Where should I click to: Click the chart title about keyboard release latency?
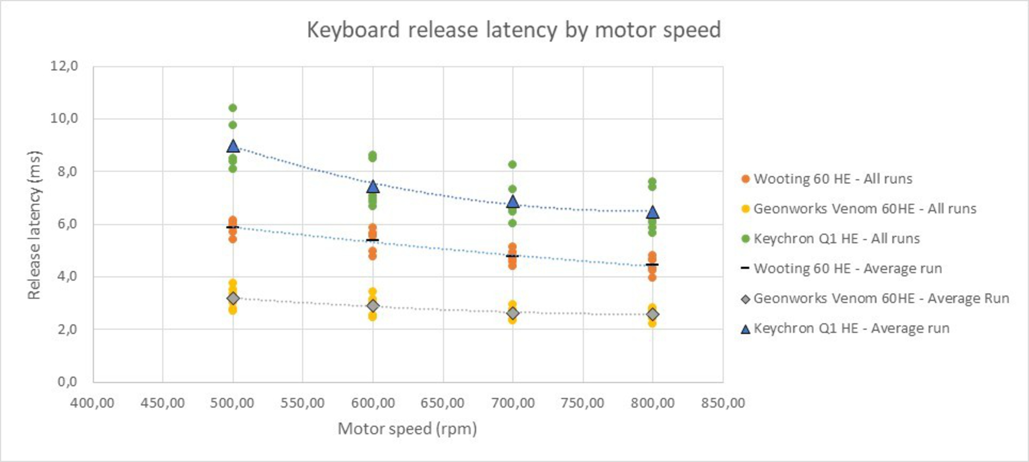click(x=514, y=30)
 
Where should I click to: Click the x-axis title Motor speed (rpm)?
click(x=407, y=429)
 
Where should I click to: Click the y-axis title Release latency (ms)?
click(x=34, y=225)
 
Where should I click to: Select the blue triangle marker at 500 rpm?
click(x=233, y=147)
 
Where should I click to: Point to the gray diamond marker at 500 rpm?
click(x=233, y=298)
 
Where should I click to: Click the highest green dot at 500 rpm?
click(x=233, y=108)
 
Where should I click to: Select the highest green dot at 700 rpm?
click(x=513, y=164)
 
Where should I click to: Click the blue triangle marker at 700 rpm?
click(x=513, y=202)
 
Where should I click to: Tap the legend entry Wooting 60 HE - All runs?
click(x=833, y=179)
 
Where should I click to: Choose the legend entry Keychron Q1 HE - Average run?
click(x=851, y=329)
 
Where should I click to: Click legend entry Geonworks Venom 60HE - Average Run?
click(x=881, y=299)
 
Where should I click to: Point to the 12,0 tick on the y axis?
click(x=64, y=66)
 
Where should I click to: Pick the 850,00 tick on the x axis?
click(x=723, y=403)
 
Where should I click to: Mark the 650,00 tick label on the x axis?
click(x=443, y=403)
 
